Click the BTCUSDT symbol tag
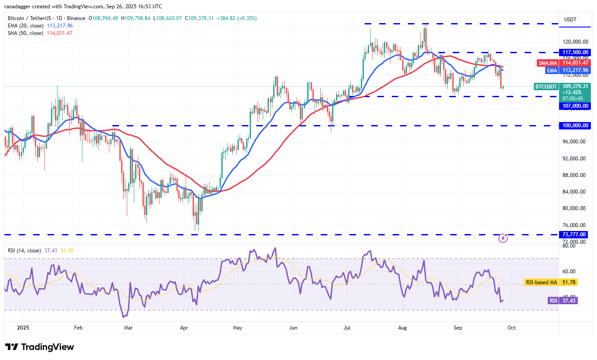tap(546, 86)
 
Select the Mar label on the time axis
tap(128, 327)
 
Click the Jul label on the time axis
tap(347, 327)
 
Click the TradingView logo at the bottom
tap(40, 347)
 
